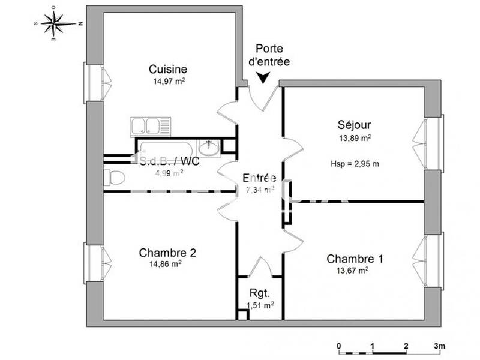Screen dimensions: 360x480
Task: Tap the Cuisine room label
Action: (x=168, y=69)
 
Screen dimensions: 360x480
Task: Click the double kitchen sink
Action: (x=150, y=126)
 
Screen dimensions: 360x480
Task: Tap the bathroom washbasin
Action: (x=209, y=146)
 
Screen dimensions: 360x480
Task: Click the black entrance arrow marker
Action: (x=263, y=77)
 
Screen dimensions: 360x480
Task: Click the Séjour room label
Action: (x=354, y=125)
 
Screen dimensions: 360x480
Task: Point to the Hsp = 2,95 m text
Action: (x=355, y=163)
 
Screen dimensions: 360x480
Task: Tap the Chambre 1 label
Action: (x=355, y=259)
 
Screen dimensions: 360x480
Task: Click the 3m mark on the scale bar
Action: (x=439, y=346)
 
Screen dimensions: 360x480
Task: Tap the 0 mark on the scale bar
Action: (x=339, y=346)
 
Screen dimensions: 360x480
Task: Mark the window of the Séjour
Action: (x=433, y=143)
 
